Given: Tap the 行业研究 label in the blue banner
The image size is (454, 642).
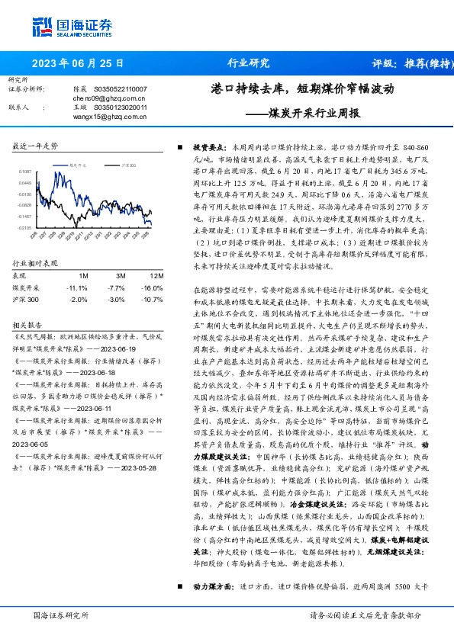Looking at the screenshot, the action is [x=249, y=63].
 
